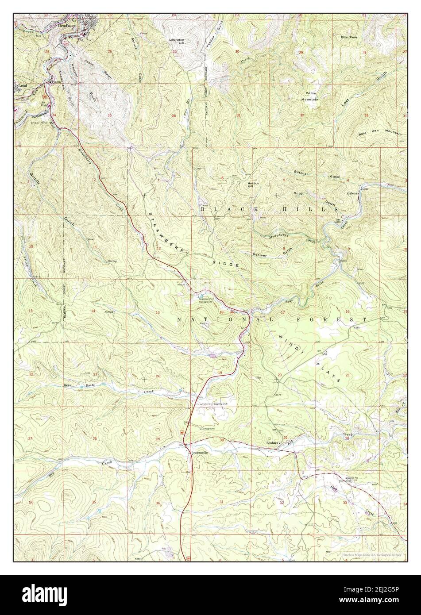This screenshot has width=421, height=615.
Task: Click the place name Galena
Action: click(x=352, y=193)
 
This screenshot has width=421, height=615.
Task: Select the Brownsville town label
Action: click(x=199, y=453)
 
